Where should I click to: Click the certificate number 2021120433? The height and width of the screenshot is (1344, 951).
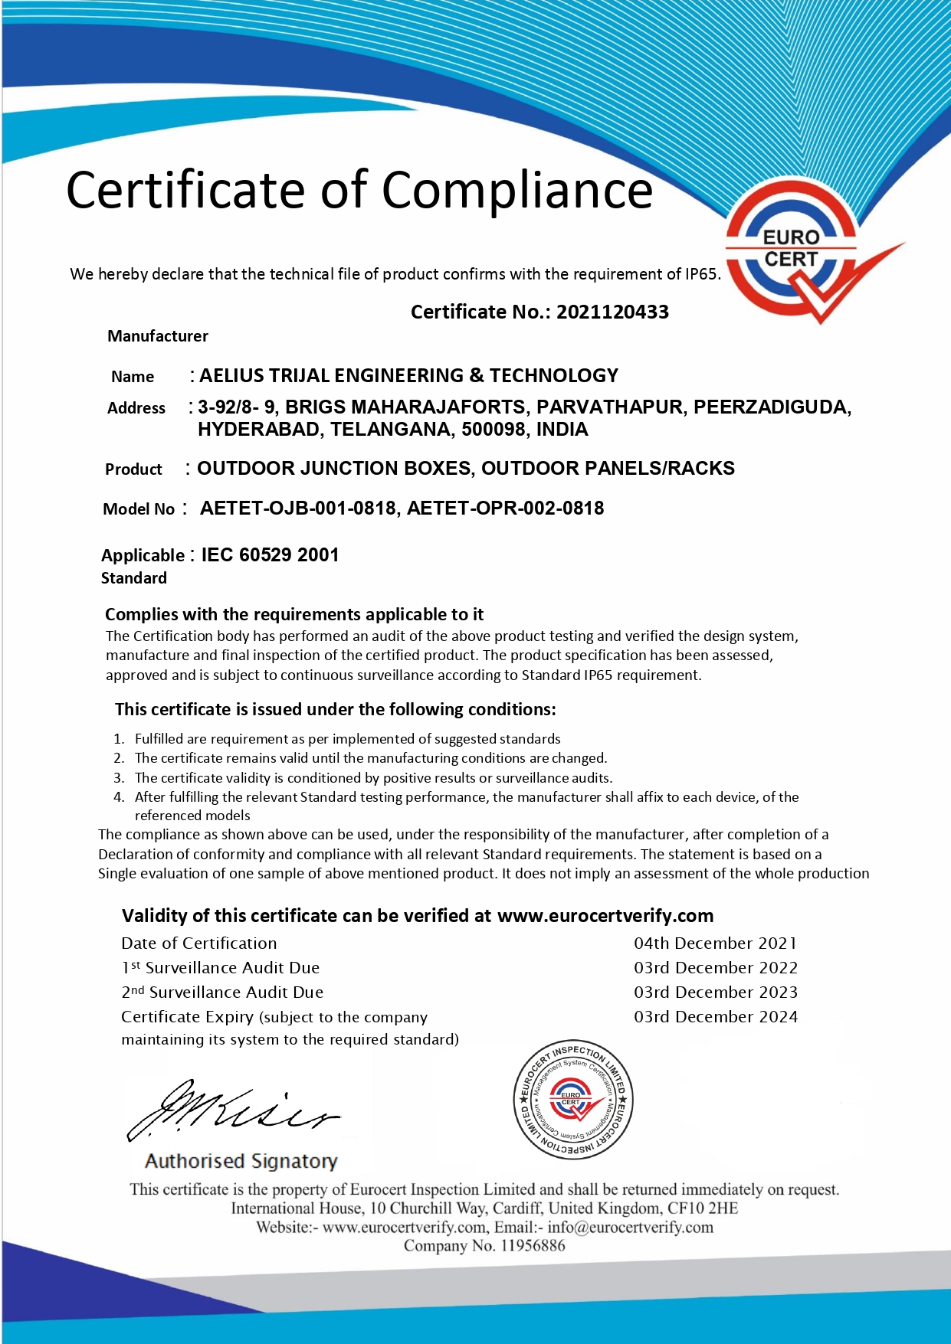(612, 312)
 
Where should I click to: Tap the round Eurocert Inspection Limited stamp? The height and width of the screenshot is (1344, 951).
(572, 1100)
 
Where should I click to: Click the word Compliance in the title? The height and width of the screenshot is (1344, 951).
(517, 189)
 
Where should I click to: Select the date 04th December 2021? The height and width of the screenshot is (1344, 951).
(715, 943)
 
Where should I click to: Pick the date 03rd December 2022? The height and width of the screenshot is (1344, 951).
(715, 968)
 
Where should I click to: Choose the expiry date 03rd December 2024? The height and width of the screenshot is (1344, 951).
(715, 1017)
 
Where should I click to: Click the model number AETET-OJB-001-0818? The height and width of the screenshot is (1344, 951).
(297, 508)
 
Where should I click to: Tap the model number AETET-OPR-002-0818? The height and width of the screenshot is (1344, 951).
(505, 508)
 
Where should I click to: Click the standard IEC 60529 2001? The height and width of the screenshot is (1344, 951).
(270, 555)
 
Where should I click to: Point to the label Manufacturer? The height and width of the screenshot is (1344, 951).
(158, 336)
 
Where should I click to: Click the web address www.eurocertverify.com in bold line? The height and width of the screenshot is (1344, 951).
(605, 916)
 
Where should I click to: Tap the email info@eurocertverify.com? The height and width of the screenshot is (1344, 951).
(630, 1228)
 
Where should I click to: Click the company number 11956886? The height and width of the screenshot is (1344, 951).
(533, 1246)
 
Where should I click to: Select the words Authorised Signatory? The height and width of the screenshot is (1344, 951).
(241, 1162)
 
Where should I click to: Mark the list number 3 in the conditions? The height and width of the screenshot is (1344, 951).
(119, 778)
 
